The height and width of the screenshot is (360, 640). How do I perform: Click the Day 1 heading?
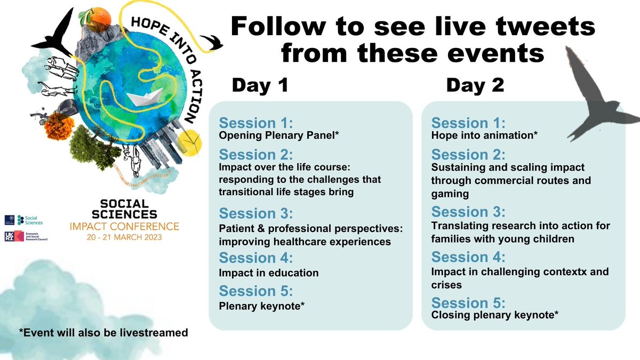pyautogui.click(x=259, y=85)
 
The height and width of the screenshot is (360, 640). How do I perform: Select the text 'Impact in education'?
pyautogui.click(x=269, y=273)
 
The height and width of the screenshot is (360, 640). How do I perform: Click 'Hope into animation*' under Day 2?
pyautogui.click(x=484, y=135)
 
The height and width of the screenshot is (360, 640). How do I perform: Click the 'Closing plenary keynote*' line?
pyautogui.click(x=494, y=316)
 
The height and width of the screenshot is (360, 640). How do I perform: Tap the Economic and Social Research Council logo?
pyautogui.click(x=32, y=238)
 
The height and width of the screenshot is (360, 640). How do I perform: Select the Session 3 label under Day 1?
pyautogui.click(x=256, y=214)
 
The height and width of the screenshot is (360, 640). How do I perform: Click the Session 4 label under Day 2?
pyautogui.click(x=468, y=258)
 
